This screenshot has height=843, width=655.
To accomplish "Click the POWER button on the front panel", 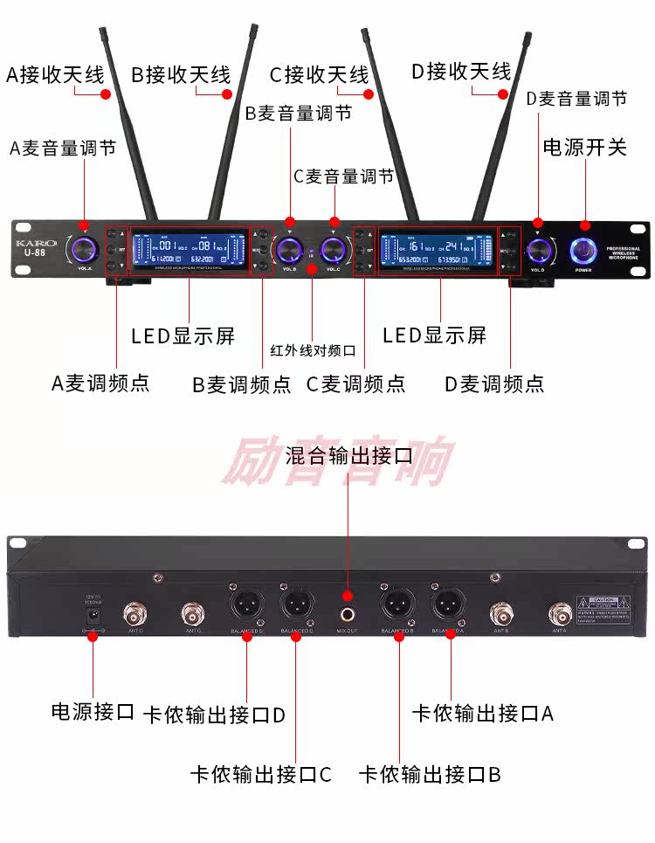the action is point(583,251).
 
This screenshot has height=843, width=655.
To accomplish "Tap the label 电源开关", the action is point(584,147).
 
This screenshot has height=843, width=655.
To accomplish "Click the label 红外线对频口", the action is point(312,350).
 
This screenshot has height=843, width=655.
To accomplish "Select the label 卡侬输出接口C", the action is point(260,774).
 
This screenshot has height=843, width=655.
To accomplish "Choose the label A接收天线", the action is point(55,74).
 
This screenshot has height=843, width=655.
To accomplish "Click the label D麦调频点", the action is point(493,383).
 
